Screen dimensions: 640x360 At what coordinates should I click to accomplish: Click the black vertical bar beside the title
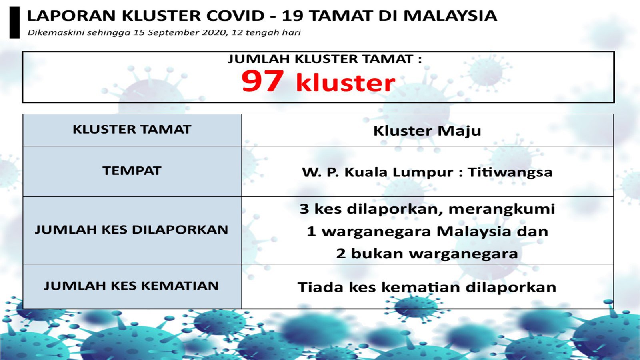[x=14, y=22]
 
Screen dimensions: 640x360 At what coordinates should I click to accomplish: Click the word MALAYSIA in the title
[x=450, y=16]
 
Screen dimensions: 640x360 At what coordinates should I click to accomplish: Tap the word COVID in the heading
[x=236, y=16]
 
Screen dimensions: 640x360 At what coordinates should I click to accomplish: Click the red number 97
[x=262, y=81]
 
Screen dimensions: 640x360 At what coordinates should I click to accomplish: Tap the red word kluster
[x=346, y=82]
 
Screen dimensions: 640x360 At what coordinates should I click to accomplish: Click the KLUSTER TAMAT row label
[x=132, y=130]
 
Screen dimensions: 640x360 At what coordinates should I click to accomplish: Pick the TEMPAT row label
[x=132, y=171]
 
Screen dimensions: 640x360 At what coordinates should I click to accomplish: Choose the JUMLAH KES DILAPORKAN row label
[x=132, y=230]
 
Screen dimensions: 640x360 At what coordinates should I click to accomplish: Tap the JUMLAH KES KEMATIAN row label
[x=131, y=286]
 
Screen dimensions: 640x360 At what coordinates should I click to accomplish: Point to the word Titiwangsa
[x=510, y=172]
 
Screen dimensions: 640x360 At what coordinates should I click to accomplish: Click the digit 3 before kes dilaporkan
[x=304, y=209]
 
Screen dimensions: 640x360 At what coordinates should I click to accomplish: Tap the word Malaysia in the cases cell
[x=474, y=232]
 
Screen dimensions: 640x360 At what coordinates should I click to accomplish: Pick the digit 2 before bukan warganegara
[x=340, y=254]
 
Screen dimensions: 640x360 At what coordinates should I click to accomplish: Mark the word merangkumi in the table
[x=502, y=209]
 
